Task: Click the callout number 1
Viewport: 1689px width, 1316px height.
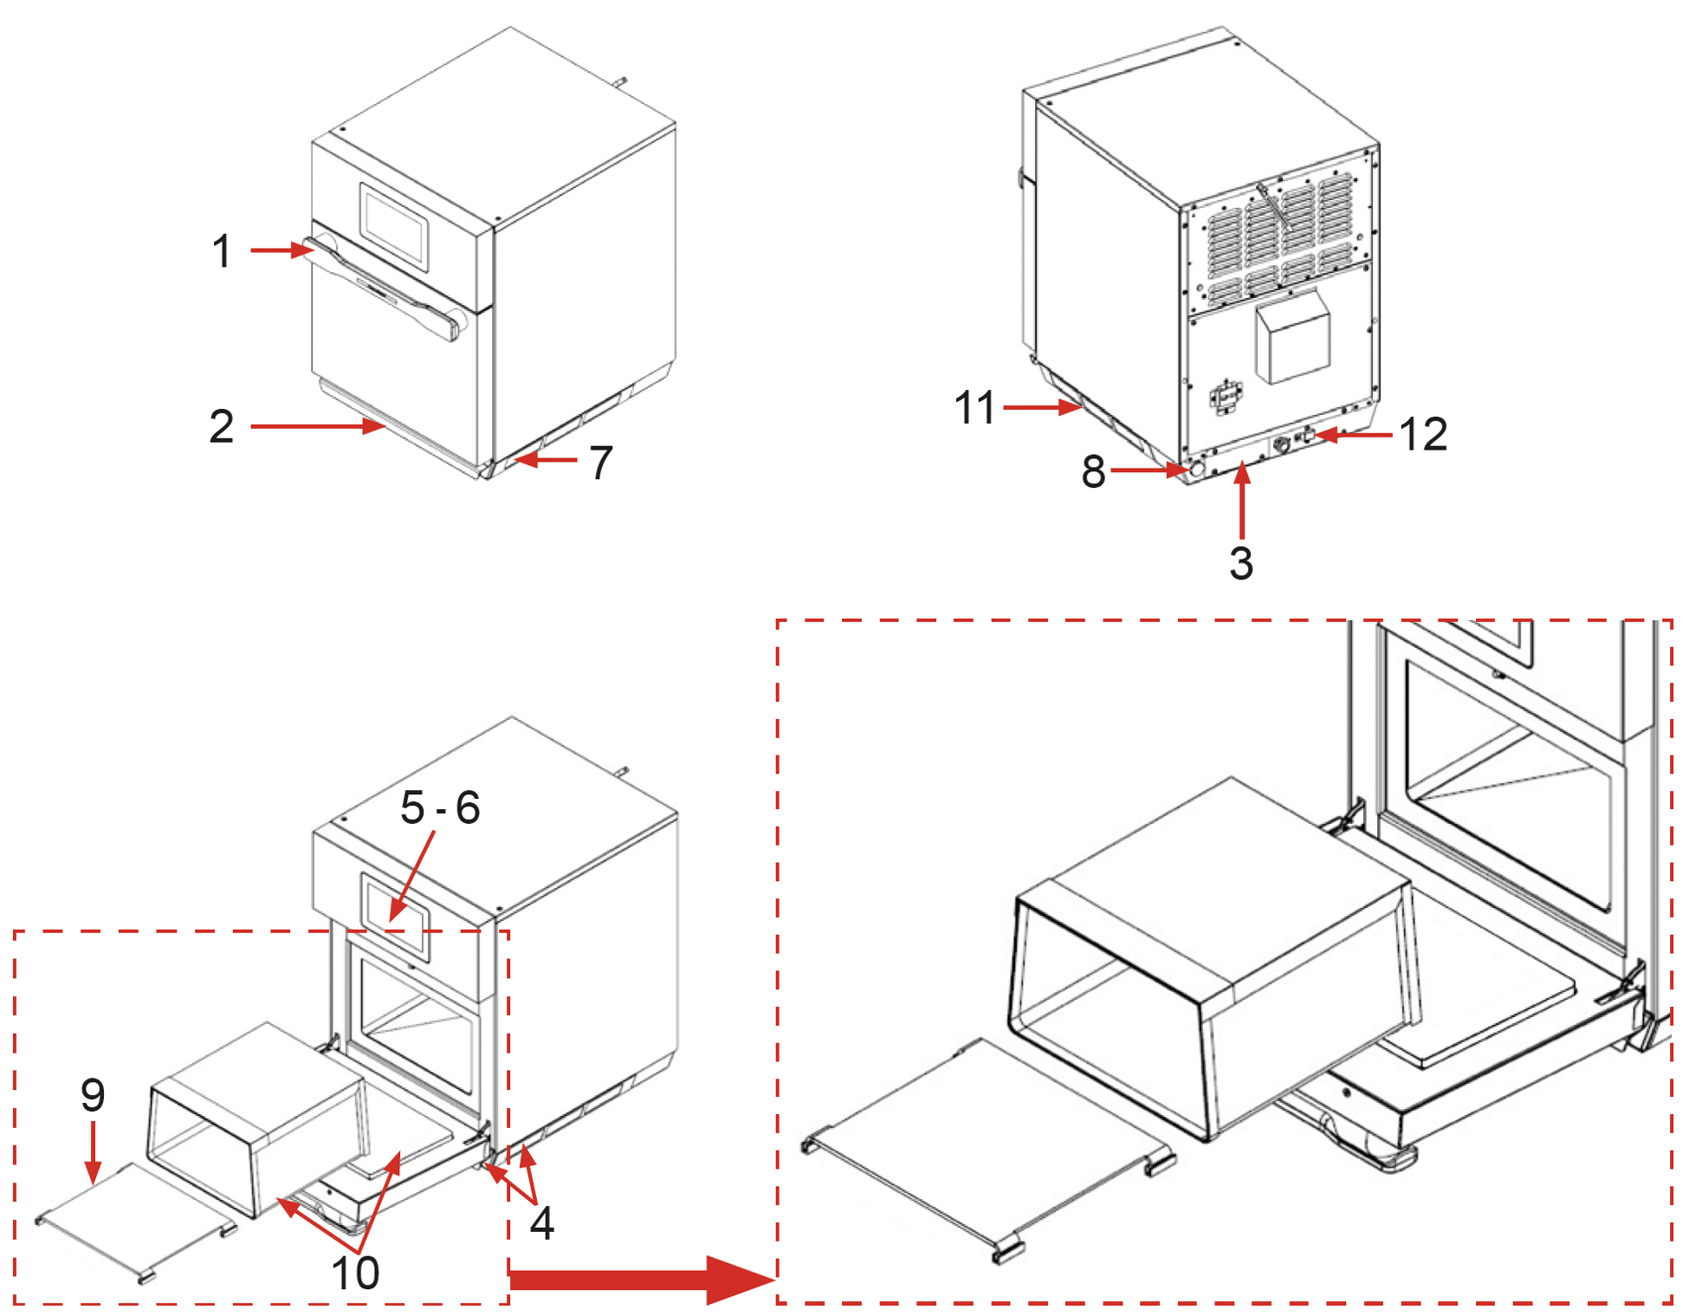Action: [x=222, y=251]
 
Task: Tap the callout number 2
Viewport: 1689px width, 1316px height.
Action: [x=222, y=427]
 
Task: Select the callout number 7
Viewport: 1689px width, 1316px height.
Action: [x=601, y=463]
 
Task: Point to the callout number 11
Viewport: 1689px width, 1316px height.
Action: [x=974, y=407]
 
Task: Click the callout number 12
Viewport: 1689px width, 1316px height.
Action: [x=1423, y=434]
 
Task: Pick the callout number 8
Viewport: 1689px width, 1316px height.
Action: [x=1093, y=472]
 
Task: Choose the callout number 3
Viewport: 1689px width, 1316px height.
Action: [x=1241, y=563]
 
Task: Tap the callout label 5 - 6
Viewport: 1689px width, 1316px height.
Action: [x=440, y=807]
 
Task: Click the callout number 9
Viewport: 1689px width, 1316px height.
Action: [x=93, y=1095]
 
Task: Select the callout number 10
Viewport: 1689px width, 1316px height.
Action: [x=355, y=1273]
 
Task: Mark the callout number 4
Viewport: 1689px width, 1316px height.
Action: [x=541, y=1222]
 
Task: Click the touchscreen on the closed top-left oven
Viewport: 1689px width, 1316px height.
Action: [x=395, y=222]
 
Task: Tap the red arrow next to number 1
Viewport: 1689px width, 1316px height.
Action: [x=282, y=250]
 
